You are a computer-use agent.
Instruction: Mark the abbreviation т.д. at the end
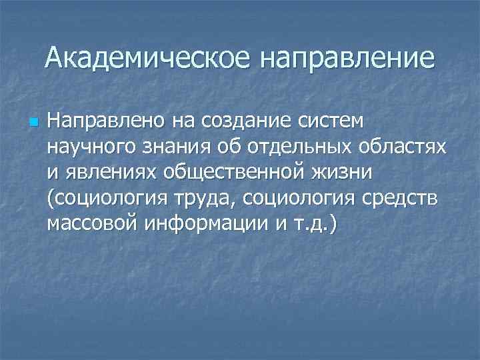(313, 223)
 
